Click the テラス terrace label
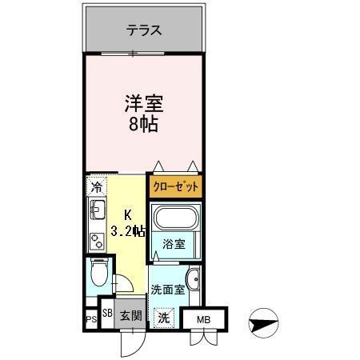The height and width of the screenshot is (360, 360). [x=145, y=31]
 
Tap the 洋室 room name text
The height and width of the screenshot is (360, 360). [x=144, y=103]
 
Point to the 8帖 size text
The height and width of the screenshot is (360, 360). [x=144, y=126]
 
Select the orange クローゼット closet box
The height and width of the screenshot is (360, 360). [x=174, y=188]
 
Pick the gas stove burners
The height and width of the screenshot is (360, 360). [x=97, y=238]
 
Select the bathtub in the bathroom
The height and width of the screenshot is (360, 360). [x=174, y=218]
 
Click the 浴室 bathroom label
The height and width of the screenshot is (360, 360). [x=174, y=244]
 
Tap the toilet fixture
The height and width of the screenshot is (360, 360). [x=97, y=274]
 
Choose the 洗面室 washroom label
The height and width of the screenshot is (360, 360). [x=168, y=290]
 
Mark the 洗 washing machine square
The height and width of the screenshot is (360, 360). [x=163, y=317]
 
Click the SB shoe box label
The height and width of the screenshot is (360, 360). [x=107, y=313]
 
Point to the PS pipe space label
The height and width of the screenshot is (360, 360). [x=91, y=321]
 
